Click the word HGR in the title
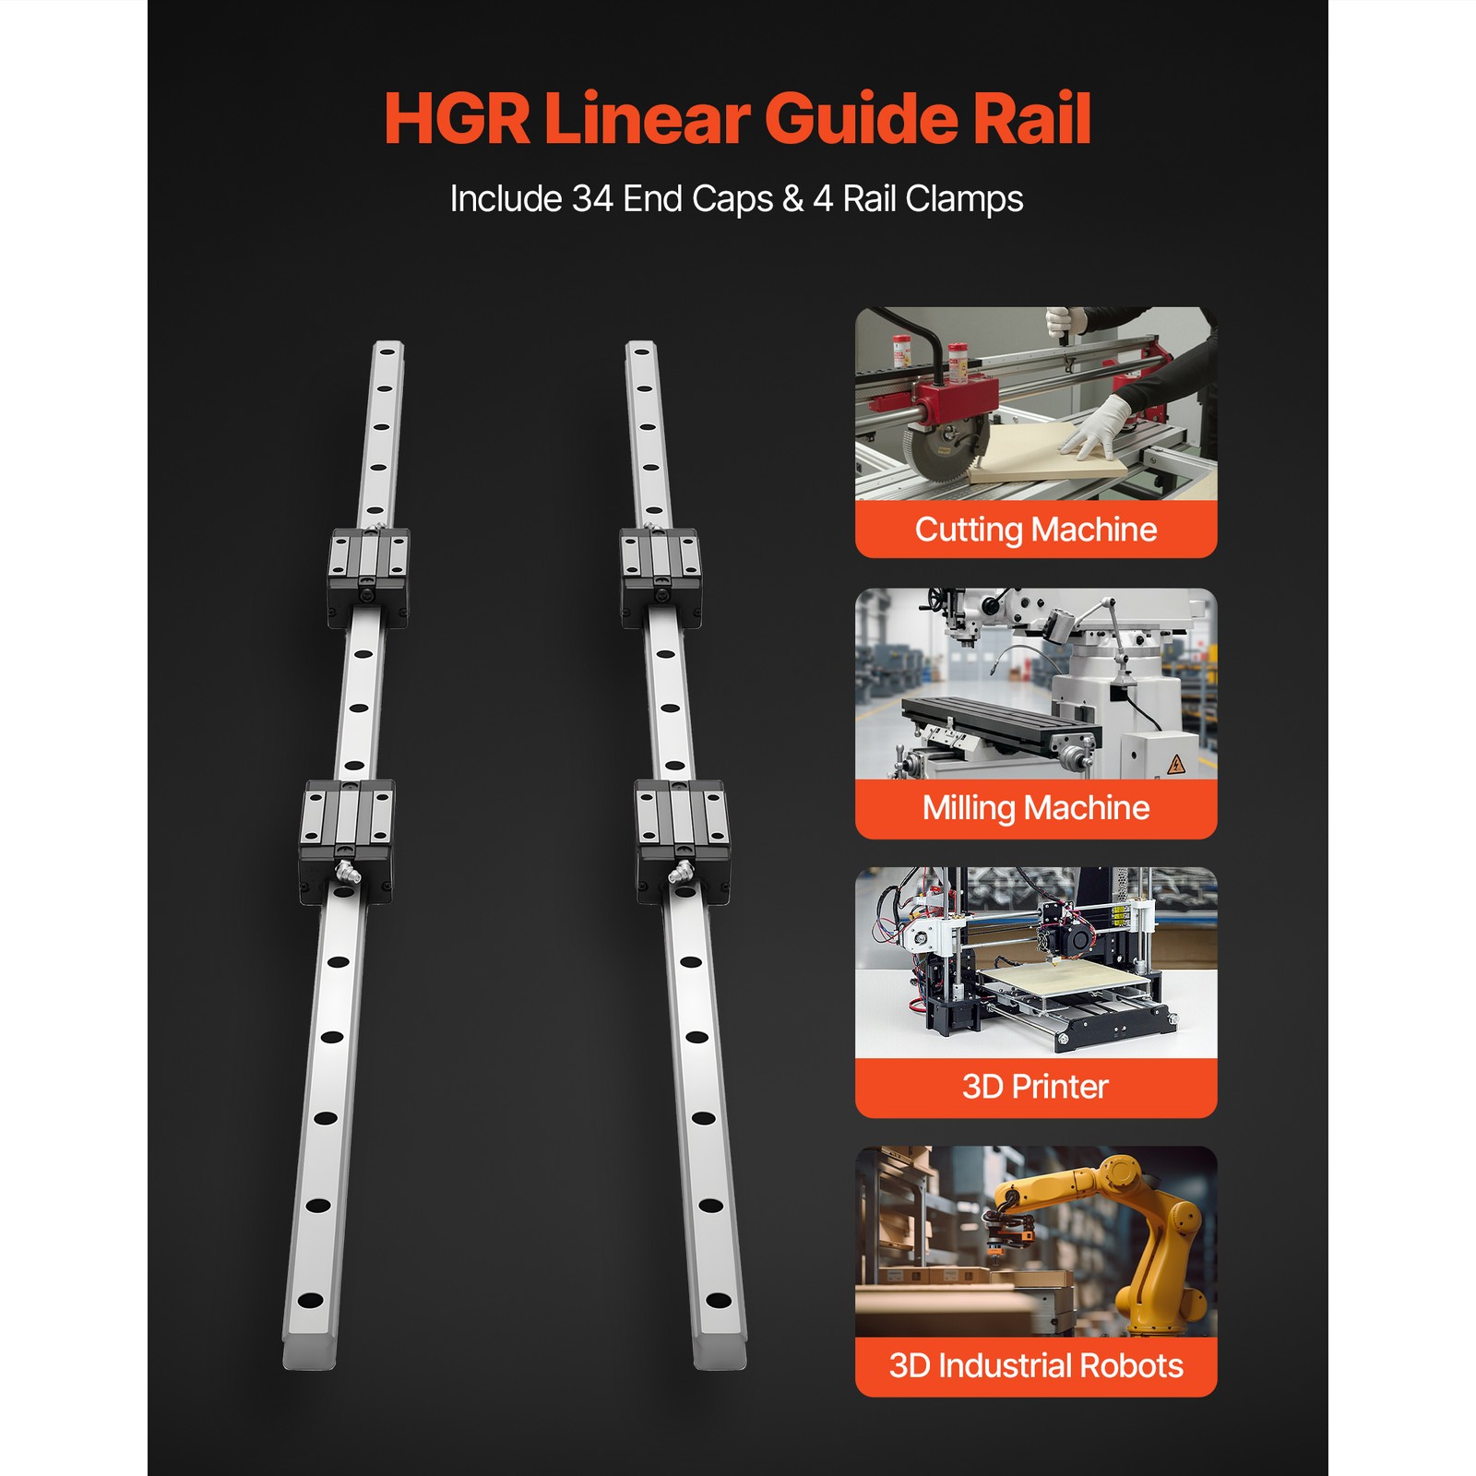click(457, 118)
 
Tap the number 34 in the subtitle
click(593, 199)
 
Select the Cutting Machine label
click(1035, 530)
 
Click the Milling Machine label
click(1035, 808)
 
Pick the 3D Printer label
click(1035, 1087)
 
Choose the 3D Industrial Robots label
click(1035, 1365)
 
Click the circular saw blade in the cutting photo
click(934, 450)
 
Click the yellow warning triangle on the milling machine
click(1175, 764)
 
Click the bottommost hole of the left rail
click(311, 1301)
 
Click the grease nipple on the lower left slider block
click(345, 871)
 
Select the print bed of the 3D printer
click(1061, 980)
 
